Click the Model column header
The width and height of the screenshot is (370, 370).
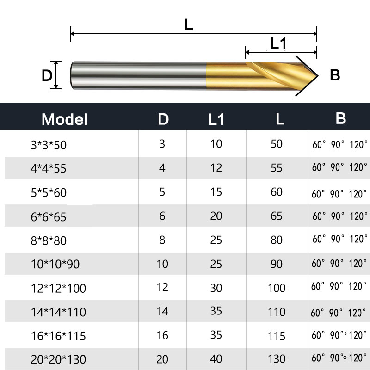65,120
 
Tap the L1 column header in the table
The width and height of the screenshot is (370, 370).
216,120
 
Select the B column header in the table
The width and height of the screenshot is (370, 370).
341,118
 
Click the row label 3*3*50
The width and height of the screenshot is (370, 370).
49,145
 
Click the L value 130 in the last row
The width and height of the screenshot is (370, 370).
277,358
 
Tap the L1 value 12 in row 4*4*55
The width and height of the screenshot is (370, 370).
216,167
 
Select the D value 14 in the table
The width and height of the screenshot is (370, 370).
162,311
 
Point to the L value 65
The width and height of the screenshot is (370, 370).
277,216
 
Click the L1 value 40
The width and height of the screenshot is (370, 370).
216,358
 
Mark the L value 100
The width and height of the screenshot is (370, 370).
277,287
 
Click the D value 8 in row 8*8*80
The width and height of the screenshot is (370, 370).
162,240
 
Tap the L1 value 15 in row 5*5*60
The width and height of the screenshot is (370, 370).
216,191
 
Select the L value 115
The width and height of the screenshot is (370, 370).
277,335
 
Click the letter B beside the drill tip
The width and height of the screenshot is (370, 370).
335,75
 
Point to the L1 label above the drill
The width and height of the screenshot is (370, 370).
278,43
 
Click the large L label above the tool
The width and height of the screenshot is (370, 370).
189,24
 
